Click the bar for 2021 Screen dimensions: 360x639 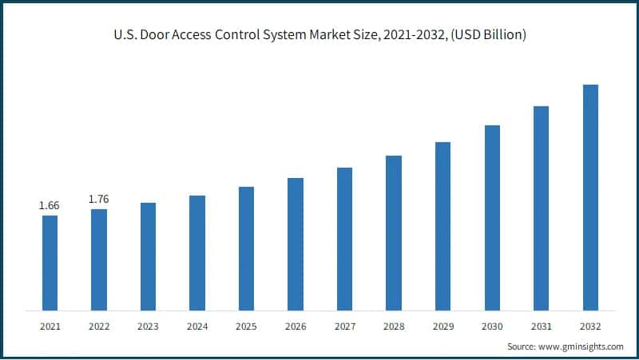point(50,263)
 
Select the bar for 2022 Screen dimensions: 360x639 point(99,259)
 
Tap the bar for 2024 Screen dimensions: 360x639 point(197,252)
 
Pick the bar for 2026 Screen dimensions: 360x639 point(296,243)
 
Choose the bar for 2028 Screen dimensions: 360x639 point(394,232)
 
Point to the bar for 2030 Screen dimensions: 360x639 point(492,217)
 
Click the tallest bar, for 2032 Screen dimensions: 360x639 point(590,197)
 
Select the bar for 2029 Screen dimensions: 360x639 point(443,226)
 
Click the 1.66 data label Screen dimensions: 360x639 point(50,206)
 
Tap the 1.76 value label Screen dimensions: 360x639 point(99,199)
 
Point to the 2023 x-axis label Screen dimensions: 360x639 point(148,326)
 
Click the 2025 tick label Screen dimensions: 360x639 point(246,326)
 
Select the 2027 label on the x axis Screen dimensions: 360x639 point(344,326)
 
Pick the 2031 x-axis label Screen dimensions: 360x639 point(541,326)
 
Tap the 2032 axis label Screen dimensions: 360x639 point(590,326)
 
